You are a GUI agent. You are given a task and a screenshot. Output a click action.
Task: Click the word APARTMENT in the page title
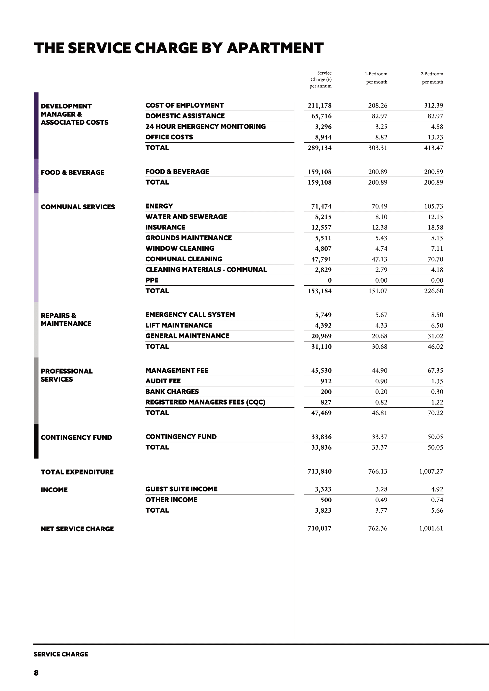coord(275,48)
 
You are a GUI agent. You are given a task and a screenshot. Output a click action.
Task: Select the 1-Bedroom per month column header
coord(376,78)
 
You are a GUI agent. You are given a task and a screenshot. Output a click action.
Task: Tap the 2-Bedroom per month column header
coord(432,78)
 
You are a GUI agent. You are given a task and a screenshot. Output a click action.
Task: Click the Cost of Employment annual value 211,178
coord(319,106)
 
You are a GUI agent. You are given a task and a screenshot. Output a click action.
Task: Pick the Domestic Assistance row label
coord(185,116)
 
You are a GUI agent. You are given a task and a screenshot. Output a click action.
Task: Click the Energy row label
coord(159,206)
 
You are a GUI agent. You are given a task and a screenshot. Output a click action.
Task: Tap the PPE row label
coord(152,280)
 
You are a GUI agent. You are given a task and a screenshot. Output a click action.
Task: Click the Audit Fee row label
coord(163,381)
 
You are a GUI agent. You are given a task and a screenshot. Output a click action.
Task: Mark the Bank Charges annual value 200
coord(326,392)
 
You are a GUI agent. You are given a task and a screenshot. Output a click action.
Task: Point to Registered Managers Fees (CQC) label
coord(205,402)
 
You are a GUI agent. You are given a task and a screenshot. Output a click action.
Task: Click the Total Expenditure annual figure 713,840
coord(319,471)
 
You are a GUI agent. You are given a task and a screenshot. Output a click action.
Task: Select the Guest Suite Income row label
coord(181,489)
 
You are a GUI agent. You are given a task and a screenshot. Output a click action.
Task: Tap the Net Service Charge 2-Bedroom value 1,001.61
coord(431,528)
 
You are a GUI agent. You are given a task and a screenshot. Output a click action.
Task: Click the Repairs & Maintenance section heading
coord(66,320)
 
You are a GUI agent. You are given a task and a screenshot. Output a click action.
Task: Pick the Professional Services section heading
coord(66,375)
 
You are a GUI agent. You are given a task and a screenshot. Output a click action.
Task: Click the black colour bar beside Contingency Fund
coord(36,441)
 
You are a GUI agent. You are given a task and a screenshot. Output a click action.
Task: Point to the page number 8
coord(36,673)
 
